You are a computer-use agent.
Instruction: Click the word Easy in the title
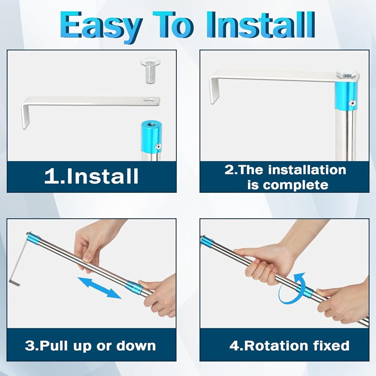pyautogui.click(x=101, y=26)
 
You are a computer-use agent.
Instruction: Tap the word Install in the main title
pyautogui.click(x=261, y=24)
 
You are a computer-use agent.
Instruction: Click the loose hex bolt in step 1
pyautogui.click(x=150, y=70)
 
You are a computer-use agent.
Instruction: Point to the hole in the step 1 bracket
pyautogui.click(x=149, y=100)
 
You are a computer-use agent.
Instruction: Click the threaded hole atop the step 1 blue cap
pyautogui.click(x=151, y=124)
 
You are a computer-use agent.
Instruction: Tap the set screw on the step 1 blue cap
pyautogui.click(x=158, y=146)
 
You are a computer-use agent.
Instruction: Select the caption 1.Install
pyautogui.click(x=91, y=176)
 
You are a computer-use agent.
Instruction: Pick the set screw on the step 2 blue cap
pyautogui.click(x=352, y=103)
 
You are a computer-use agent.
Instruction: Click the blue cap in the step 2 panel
pyautogui.click(x=346, y=96)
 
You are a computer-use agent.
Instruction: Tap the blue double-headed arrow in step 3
pyautogui.click(x=100, y=288)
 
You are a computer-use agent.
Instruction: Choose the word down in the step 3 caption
pyautogui.click(x=136, y=346)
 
